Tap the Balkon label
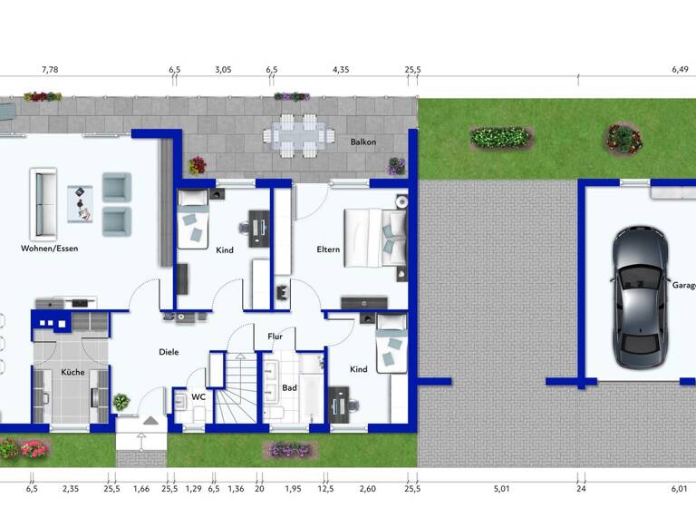coord(363,142)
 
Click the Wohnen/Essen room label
coord(50,248)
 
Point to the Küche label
coord(72,372)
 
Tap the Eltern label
coord(328,249)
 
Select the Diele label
coord(169,352)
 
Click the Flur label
coord(275,337)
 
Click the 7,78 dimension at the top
coord(50,69)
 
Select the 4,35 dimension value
coord(341,69)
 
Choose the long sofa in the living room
coord(41,200)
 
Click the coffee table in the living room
coord(80,201)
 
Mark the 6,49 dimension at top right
coord(680,69)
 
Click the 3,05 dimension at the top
coord(222,69)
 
